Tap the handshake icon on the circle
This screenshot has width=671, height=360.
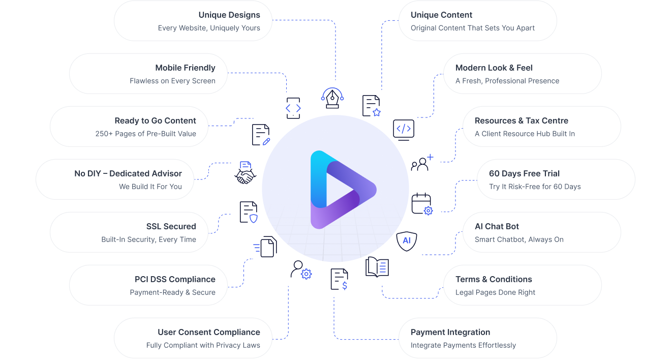(246, 173)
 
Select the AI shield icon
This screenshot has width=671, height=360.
(407, 241)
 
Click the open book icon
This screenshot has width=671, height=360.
(377, 267)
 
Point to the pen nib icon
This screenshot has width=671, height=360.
(332, 97)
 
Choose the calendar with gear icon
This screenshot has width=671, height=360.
(421, 203)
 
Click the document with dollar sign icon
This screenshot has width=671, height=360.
(339, 279)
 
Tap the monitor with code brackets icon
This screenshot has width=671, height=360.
(404, 129)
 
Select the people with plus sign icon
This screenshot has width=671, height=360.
(422, 163)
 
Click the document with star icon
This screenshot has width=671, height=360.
(371, 106)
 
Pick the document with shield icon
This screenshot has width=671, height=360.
(249, 212)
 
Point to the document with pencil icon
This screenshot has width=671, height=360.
(261, 135)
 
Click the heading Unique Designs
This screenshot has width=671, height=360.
(229, 15)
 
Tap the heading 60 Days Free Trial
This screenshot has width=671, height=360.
(524, 173)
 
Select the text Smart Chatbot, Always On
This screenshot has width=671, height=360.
(519, 239)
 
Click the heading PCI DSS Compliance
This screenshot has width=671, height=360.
(175, 279)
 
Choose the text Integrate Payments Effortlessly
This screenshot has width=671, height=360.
(463, 345)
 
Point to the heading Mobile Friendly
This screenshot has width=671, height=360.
(186, 68)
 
